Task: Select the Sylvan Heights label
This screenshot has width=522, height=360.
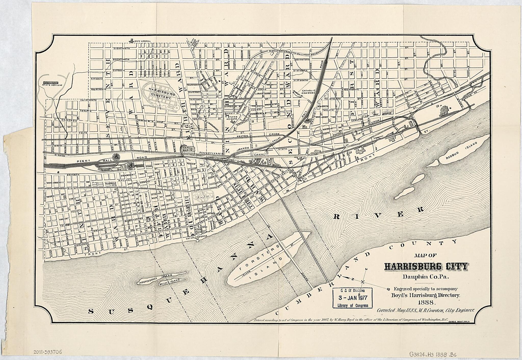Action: (233, 118)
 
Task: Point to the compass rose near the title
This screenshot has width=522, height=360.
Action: (363, 281)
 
